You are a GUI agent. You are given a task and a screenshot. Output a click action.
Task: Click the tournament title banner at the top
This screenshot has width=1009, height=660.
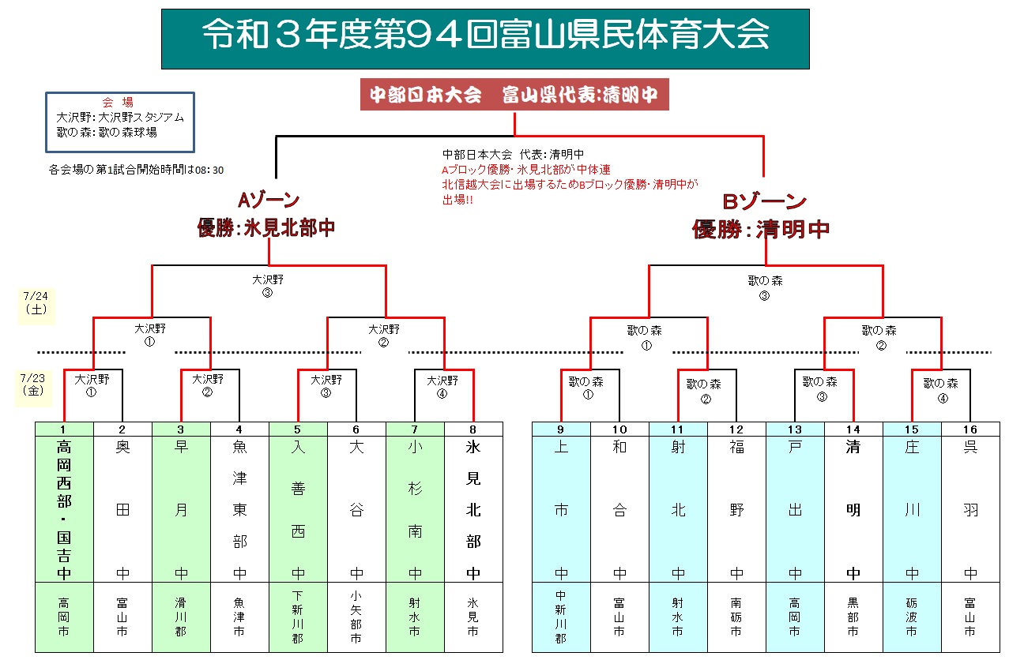click(x=485, y=38)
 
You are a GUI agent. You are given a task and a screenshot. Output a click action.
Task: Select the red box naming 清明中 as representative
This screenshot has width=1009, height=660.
click(x=514, y=95)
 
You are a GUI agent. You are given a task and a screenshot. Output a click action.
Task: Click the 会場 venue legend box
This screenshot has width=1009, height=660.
click(x=120, y=122)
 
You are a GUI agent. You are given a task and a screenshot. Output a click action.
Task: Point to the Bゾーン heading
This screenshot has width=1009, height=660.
click(x=764, y=202)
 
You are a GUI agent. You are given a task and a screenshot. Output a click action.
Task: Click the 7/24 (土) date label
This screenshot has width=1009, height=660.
click(x=36, y=304)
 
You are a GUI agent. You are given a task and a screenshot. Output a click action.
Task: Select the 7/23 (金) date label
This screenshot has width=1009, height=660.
click(x=35, y=384)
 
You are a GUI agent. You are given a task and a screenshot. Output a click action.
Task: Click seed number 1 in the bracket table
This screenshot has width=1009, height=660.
click(x=64, y=429)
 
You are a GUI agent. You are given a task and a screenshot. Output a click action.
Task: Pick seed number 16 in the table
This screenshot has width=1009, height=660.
click(x=970, y=429)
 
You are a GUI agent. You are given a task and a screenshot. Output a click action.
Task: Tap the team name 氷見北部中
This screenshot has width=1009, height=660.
click(x=473, y=509)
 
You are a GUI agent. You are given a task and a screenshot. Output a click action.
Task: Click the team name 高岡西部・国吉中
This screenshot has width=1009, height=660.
click(x=64, y=509)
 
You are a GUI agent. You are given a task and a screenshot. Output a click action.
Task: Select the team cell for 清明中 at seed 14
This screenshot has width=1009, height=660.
click(x=853, y=509)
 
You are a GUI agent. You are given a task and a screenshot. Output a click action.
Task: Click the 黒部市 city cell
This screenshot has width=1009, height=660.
click(x=853, y=617)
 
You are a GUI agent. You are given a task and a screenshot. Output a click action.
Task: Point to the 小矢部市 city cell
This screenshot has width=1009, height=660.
click(x=356, y=617)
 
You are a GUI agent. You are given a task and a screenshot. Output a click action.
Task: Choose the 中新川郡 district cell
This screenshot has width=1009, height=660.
click(x=561, y=617)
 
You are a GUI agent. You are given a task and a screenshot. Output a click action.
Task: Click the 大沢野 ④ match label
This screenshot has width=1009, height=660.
click(x=443, y=385)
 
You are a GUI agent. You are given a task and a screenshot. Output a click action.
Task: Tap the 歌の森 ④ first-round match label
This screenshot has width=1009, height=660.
click(x=940, y=389)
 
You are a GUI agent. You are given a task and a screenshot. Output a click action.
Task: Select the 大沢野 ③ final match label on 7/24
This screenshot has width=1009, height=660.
click(x=268, y=286)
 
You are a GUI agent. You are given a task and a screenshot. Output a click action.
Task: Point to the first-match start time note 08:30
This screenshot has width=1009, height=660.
click(x=136, y=169)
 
